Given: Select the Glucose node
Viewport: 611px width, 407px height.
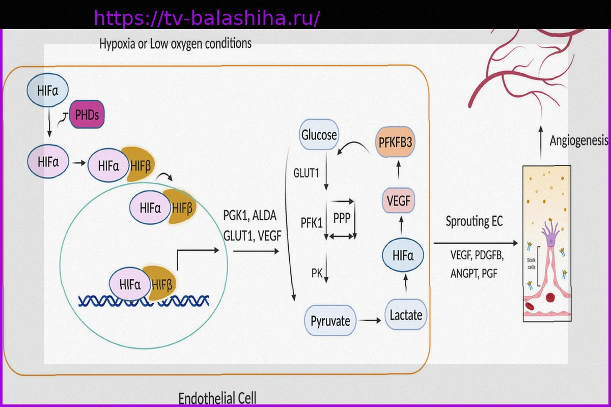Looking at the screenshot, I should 319,135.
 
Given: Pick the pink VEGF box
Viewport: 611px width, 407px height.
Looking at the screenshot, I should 399,200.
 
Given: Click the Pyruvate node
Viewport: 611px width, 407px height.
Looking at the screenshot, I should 330,321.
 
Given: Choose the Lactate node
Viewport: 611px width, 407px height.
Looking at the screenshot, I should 405,315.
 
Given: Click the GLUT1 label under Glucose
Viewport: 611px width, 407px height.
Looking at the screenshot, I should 306,173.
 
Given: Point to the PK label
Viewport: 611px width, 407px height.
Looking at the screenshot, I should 317,274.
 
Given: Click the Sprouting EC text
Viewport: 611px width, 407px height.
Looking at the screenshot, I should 474,221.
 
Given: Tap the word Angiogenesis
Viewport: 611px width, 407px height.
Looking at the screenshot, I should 579,141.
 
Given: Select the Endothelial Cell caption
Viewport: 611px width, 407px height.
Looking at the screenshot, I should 217,398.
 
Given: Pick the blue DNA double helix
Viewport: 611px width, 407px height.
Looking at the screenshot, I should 144,300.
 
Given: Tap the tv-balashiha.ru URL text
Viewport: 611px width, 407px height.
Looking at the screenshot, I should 207,18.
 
